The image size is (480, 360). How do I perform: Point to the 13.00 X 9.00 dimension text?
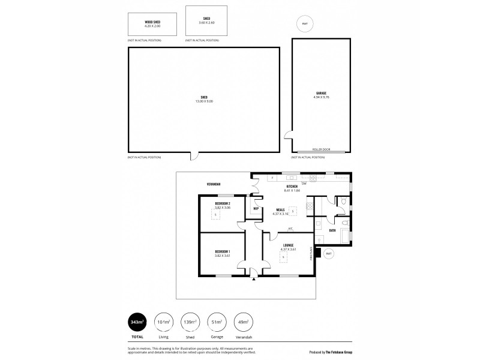[204, 101]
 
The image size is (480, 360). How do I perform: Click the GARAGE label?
[322, 93]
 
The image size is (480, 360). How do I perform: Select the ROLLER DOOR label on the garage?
[321, 150]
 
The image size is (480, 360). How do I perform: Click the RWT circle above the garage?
[305, 25]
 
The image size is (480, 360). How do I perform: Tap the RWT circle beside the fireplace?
[329, 254]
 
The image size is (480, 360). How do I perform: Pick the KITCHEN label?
[292, 187]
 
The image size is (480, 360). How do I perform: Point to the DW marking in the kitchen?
[305, 183]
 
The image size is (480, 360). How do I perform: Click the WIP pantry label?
[256, 208]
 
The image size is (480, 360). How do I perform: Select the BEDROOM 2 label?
[223, 203]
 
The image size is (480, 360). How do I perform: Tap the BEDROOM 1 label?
[223, 251]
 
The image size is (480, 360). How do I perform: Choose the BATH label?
[332, 230]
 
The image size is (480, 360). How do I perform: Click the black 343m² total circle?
[138, 322]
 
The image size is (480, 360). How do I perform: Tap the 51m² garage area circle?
[216, 322]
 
